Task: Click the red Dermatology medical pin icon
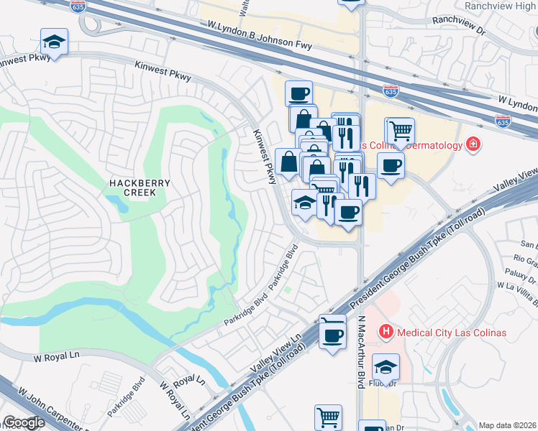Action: [x=473, y=145]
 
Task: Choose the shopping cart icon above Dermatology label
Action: [x=401, y=131]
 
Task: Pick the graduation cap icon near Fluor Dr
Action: [x=386, y=367]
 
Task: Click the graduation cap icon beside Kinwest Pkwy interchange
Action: [x=54, y=42]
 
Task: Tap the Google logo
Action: [x=24, y=422]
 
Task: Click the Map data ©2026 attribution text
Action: [x=506, y=425]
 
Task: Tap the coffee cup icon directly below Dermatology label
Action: [x=391, y=165]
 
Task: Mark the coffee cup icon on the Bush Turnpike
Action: [x=332, y=335]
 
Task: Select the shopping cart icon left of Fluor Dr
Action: [x=328, y=416]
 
